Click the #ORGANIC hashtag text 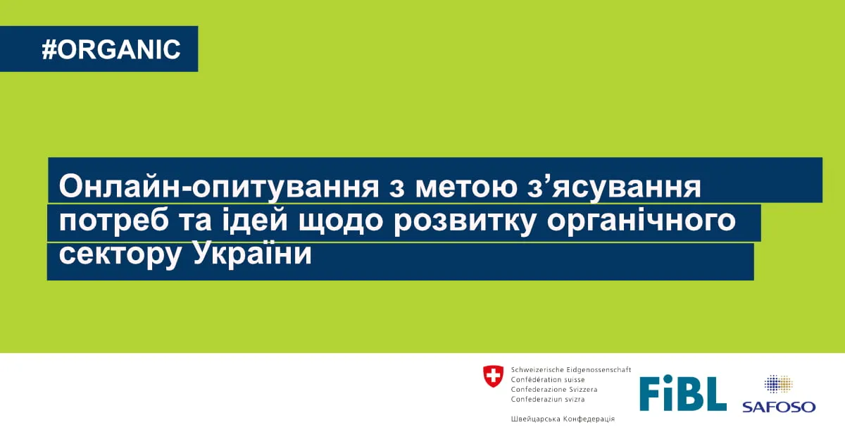click(111, 49)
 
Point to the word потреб click(114, 221)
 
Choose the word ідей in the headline click(256, 220)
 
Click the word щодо click(341, 221)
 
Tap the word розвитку click(465, 222)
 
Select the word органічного click(641, 222)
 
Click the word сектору click(120, 255)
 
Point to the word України click(252, 253)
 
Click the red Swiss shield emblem click(493, 376)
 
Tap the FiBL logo click(683, 393)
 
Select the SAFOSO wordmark click(779, 407)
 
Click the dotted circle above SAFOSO click(778, 384)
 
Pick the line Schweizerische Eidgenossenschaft click(571, 370)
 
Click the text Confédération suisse click(548, 380)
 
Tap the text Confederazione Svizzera click(554, 389)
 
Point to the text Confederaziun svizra click(548, 399)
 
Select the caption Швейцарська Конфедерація click(563, 419)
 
